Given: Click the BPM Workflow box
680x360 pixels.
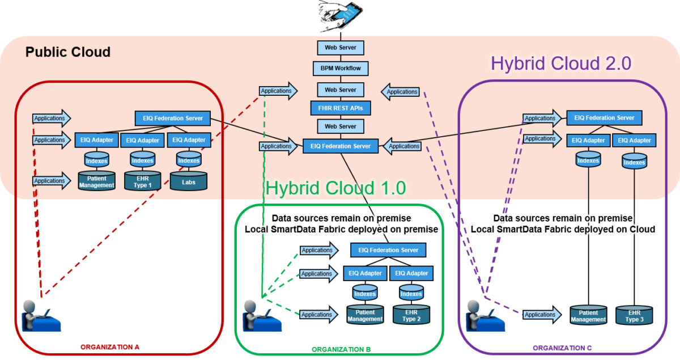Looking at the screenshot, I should pyautogui.click(x=340, y=69).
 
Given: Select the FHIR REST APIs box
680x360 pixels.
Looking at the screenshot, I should pyautogui.click(x=340, y=108).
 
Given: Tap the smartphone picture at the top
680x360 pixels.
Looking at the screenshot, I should pyautogui.click(x=340, y=15).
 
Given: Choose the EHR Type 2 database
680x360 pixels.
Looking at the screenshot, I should pyautogui.click(x=411, y=315).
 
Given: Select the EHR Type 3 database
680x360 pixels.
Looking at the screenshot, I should pyautogui.click(x=634, y=315).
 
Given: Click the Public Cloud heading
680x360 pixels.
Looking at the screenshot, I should pyautogui.click(x=68, y=53).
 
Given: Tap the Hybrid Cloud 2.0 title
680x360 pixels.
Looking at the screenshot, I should pyautogui.click(x=560, y=63).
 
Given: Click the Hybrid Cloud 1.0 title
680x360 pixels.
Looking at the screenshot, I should pyautogui.click(x=336, y=188).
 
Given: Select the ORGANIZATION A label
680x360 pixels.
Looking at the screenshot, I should pyautogui.click(x=110, y=346).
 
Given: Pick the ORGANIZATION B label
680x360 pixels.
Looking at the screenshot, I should pyautogui.click(x=341, y=349).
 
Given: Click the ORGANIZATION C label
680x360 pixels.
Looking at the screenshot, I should pyautogui.click(x=562, y=348).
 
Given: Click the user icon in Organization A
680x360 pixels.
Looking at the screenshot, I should pyautogui.click(x=41, y=314).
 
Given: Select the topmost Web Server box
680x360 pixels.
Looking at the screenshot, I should pyautogui.click(x=340, y=48).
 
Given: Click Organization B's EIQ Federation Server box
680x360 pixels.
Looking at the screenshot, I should pyautogui.click(x=388, y=250).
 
